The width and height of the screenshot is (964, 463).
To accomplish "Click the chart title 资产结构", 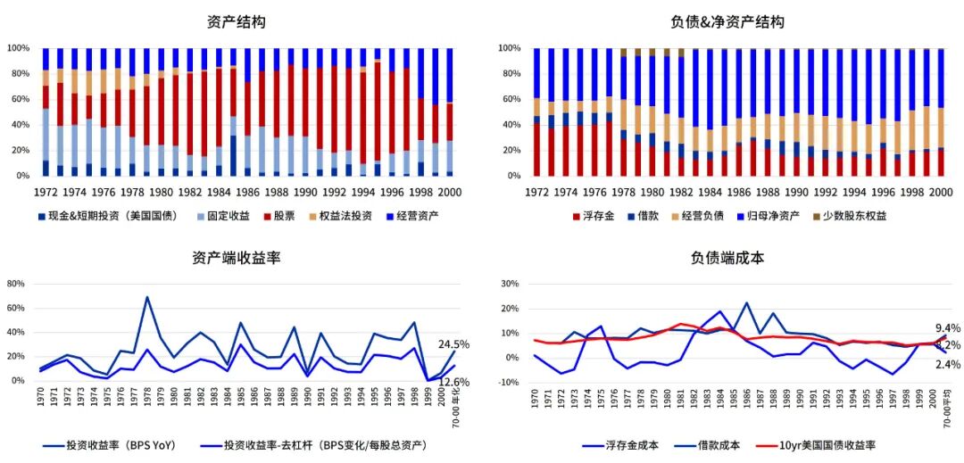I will click(236, 22).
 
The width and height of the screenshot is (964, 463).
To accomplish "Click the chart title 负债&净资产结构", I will click(727, 22).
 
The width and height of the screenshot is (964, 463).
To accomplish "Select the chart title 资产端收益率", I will click(237, 258).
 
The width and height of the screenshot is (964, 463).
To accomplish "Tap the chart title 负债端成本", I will click(727, 258).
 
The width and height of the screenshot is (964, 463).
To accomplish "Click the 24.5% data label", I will click(453, 344).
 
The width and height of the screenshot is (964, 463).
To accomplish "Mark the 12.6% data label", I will click(453, 383).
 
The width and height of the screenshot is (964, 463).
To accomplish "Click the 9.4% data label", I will click(947, 328).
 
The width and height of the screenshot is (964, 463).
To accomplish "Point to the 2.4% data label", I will click(947, 364).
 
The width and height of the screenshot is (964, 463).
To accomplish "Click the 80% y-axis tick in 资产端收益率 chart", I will click(15, 285).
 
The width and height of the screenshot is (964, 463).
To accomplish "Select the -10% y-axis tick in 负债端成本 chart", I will click(511, 382).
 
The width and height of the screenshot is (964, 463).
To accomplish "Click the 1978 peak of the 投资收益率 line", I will click(146, 297).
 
